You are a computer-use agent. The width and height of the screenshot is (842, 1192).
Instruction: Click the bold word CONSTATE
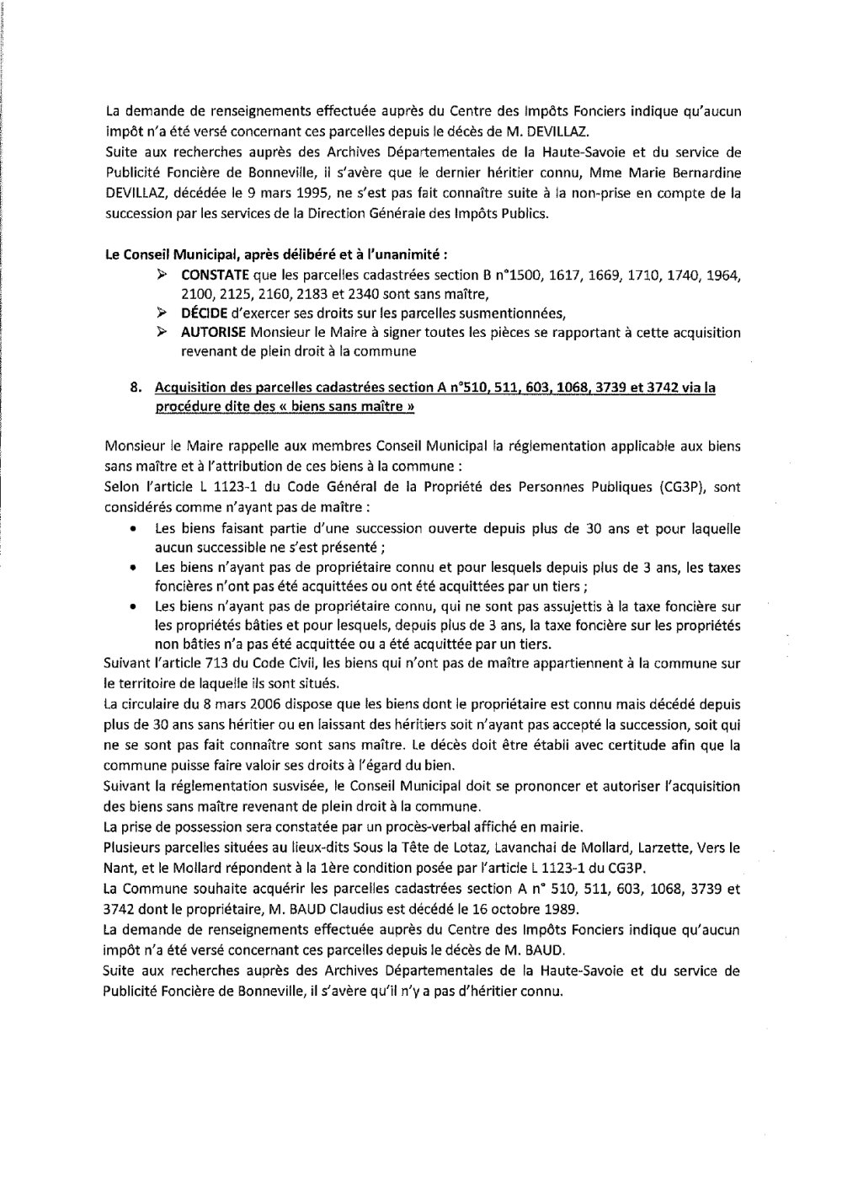[211, 275]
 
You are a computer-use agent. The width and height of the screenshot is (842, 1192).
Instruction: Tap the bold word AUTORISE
[211, 332]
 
